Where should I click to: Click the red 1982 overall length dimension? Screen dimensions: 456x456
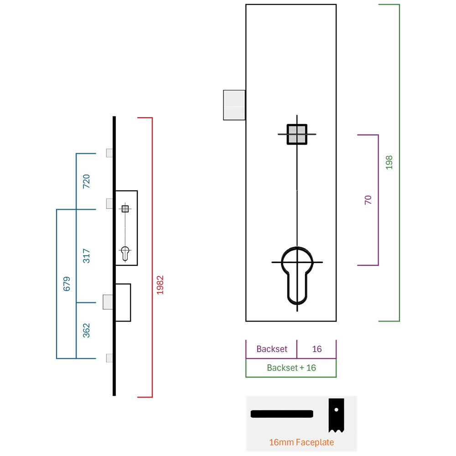160,285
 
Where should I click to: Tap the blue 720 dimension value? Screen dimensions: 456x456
86,181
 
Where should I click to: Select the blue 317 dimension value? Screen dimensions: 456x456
86,256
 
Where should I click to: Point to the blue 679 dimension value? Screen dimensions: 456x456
67,284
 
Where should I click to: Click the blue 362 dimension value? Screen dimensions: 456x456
86,330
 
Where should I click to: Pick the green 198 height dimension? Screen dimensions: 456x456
389,163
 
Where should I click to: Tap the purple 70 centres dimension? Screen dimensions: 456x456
368,200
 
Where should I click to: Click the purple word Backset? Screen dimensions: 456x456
272,349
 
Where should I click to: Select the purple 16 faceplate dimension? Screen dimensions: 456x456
317,349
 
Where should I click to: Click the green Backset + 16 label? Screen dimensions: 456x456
291,368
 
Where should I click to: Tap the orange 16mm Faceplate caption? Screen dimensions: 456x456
301,442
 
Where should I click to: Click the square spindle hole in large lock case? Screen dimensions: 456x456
297,135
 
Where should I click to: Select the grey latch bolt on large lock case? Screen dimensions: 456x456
234,105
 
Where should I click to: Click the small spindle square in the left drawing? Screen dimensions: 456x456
125,209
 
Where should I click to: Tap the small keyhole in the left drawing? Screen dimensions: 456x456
125,254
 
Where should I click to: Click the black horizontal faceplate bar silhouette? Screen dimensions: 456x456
282,414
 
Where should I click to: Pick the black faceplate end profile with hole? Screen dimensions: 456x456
336,415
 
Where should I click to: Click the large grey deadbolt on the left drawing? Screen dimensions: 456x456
108,302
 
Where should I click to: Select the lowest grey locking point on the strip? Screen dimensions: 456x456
109,358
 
